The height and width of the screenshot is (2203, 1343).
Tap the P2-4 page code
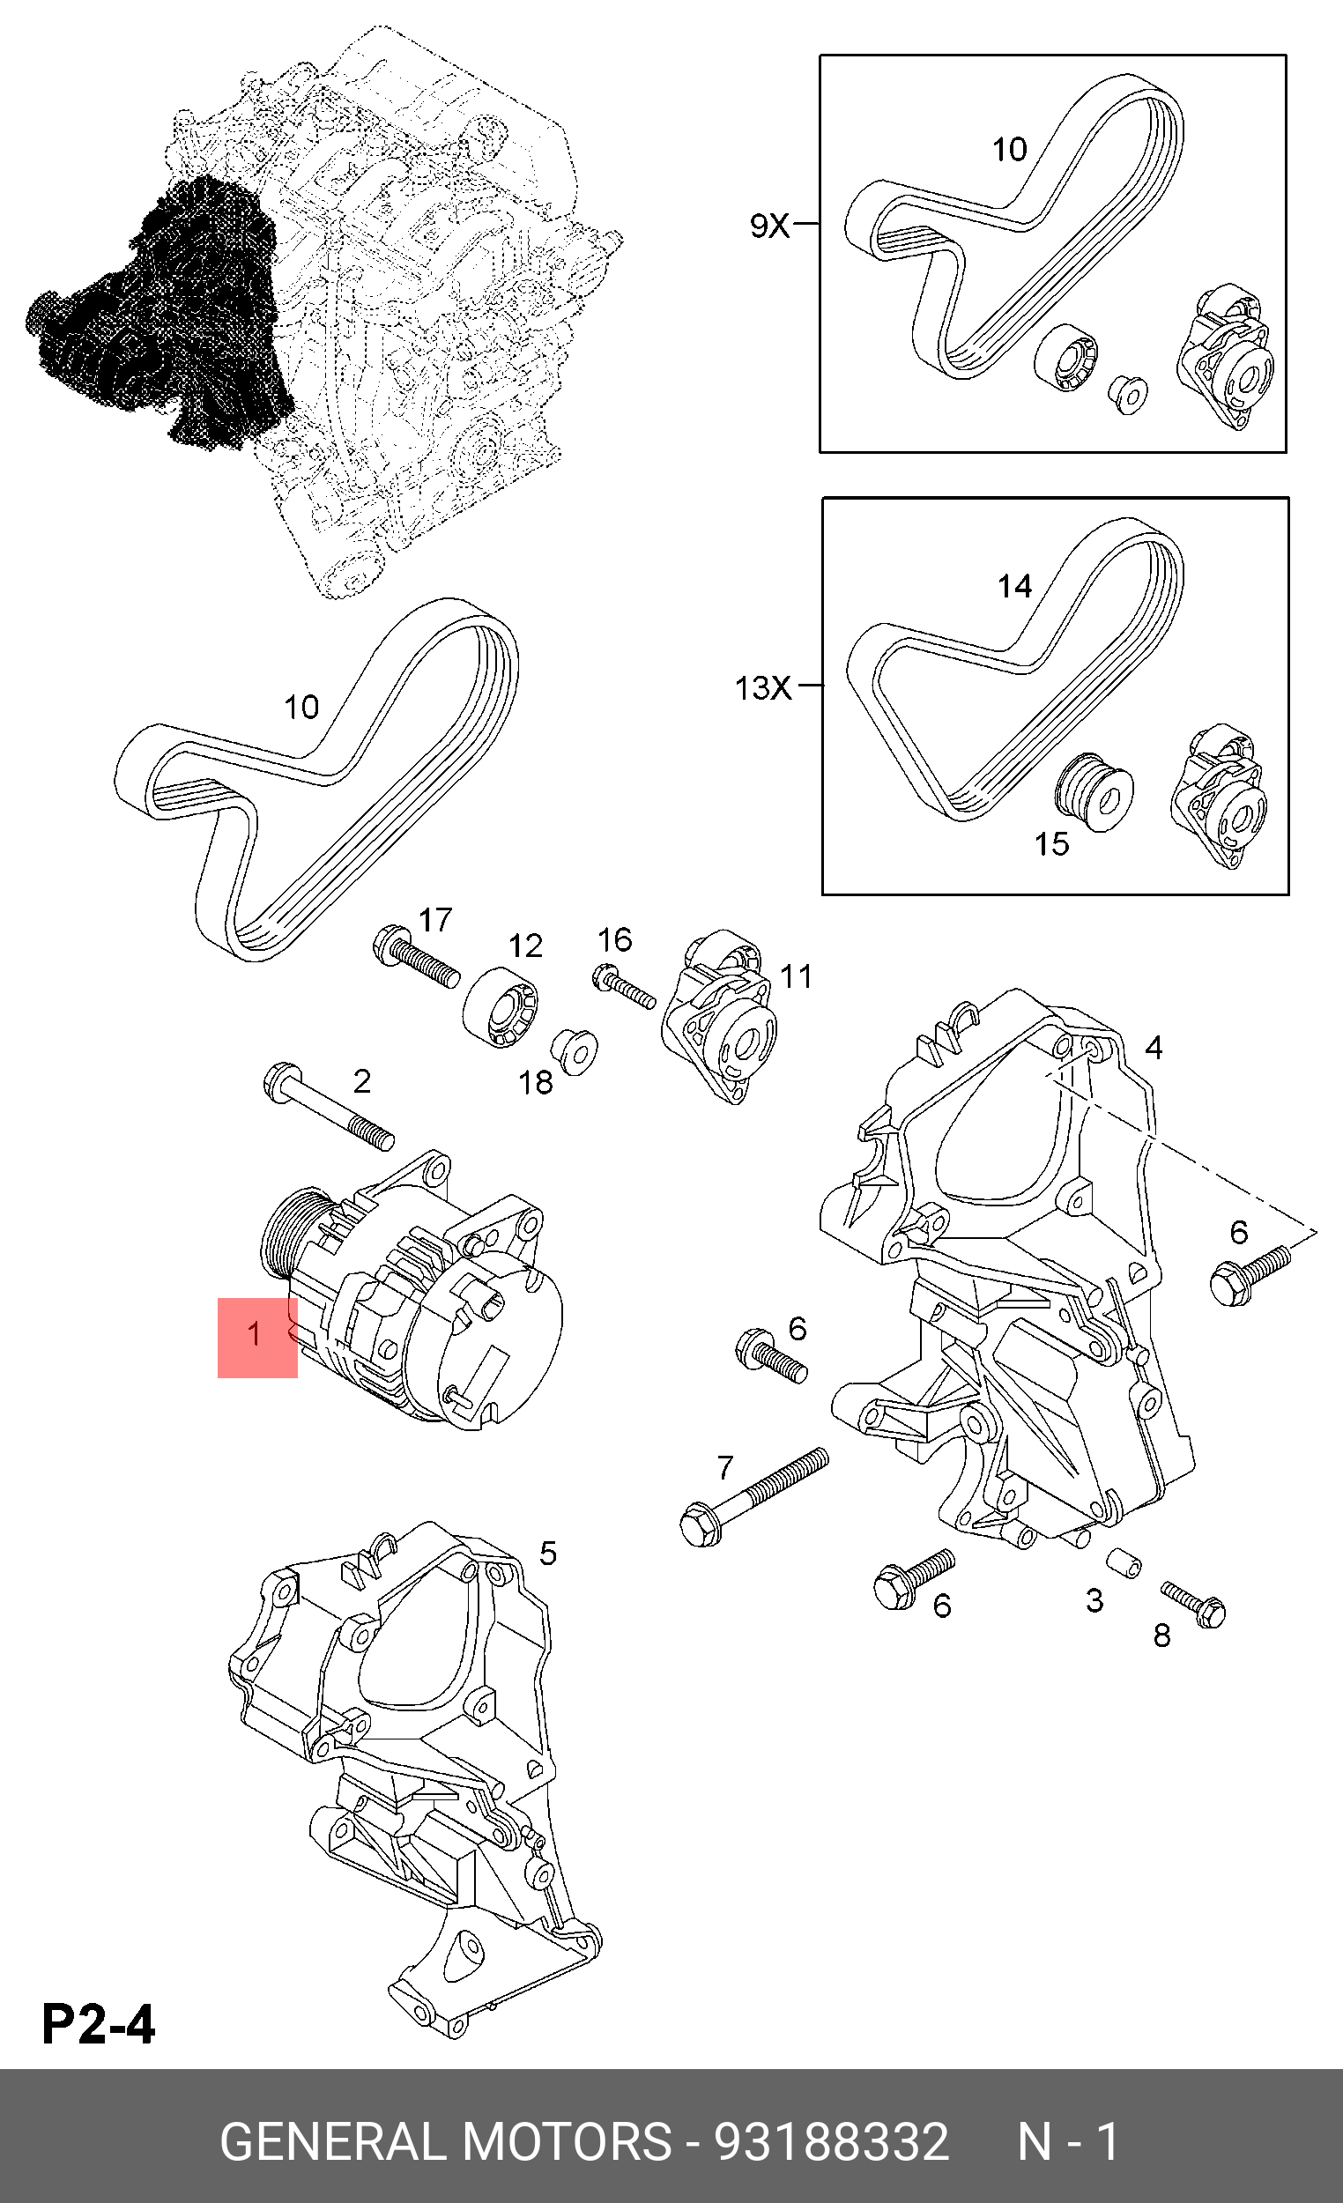tap(99, 2023)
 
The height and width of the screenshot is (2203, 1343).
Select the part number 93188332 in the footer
tap(831, 2141)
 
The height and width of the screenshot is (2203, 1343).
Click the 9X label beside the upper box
tap(769, 226)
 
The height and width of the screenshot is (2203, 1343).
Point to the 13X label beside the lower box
tap(762, 687)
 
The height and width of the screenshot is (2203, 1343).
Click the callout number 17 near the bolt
tap(435, 919)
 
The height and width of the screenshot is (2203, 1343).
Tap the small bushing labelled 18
tap(573, 1051)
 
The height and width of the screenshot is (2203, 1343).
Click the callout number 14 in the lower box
tap(1015, 587)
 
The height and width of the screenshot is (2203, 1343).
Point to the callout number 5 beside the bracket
tap(548, 1553)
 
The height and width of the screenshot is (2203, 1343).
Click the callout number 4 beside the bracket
tap(1154, 1048)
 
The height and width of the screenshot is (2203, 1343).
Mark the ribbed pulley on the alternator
tap(291, 1236)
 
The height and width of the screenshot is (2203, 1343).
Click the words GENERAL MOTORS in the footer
tap(444, 2141)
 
